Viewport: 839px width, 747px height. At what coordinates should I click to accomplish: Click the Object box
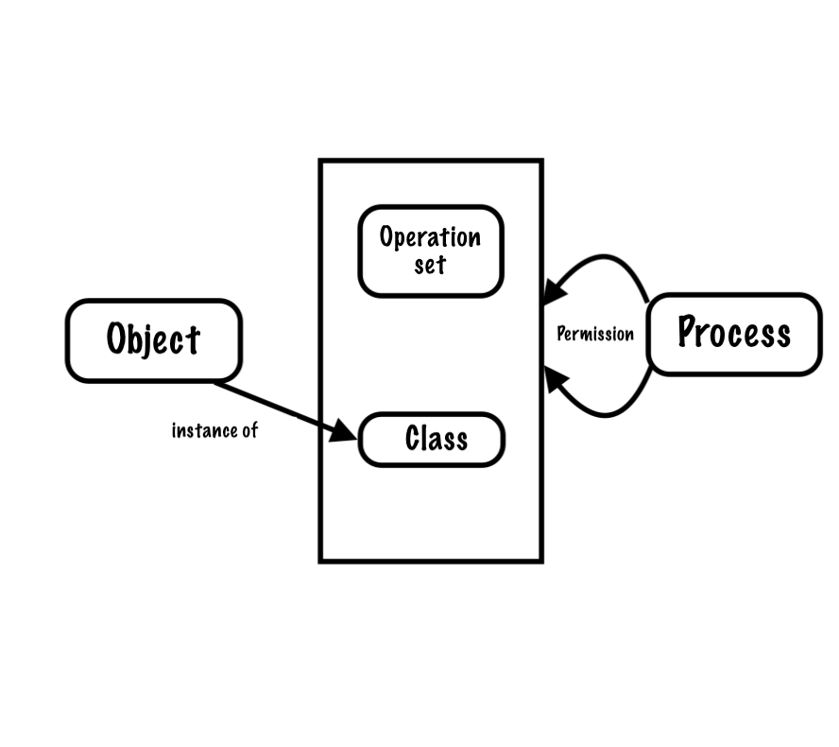click(x=153, y=340)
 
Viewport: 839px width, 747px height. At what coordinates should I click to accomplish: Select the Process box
click(x=734, y=334)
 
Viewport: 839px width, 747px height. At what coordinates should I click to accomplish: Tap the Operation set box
click(x=431, y=251)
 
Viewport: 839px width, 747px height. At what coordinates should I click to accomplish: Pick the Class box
click(x=432, y=439)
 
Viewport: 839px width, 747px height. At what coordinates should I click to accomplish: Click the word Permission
click(x=595, y=334)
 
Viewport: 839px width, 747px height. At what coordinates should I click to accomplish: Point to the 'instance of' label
click(x=214, y=430)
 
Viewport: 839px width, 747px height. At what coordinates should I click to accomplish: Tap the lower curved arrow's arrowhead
click(x=555, y=381)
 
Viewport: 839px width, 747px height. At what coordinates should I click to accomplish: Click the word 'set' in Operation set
click(x=430, y=264)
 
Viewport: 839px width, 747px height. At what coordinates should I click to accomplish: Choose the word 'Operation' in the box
click(x=430, y=236)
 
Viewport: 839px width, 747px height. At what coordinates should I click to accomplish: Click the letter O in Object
click(x=117, y=339)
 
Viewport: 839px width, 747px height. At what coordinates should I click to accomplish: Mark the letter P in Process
click(x=689, y=331)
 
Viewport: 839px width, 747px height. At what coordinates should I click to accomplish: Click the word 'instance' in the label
click(x=202, y=430)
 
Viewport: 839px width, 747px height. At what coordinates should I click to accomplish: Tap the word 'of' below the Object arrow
click(x=248, y=430)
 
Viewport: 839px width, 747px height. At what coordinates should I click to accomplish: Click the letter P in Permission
click(x=561, y=334)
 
